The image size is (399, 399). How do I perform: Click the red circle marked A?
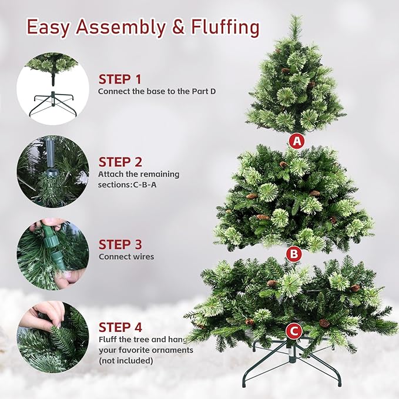pos(297,141)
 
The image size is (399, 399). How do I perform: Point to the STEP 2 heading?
pos(120,162)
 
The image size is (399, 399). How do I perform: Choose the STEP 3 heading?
pos(120,244)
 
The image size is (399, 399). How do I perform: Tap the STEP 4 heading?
pos(120,327)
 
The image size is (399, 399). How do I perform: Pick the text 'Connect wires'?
pos(126,257)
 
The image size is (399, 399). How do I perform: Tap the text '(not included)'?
pos(126,360)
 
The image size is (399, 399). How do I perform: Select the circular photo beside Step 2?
pos(53,171)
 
